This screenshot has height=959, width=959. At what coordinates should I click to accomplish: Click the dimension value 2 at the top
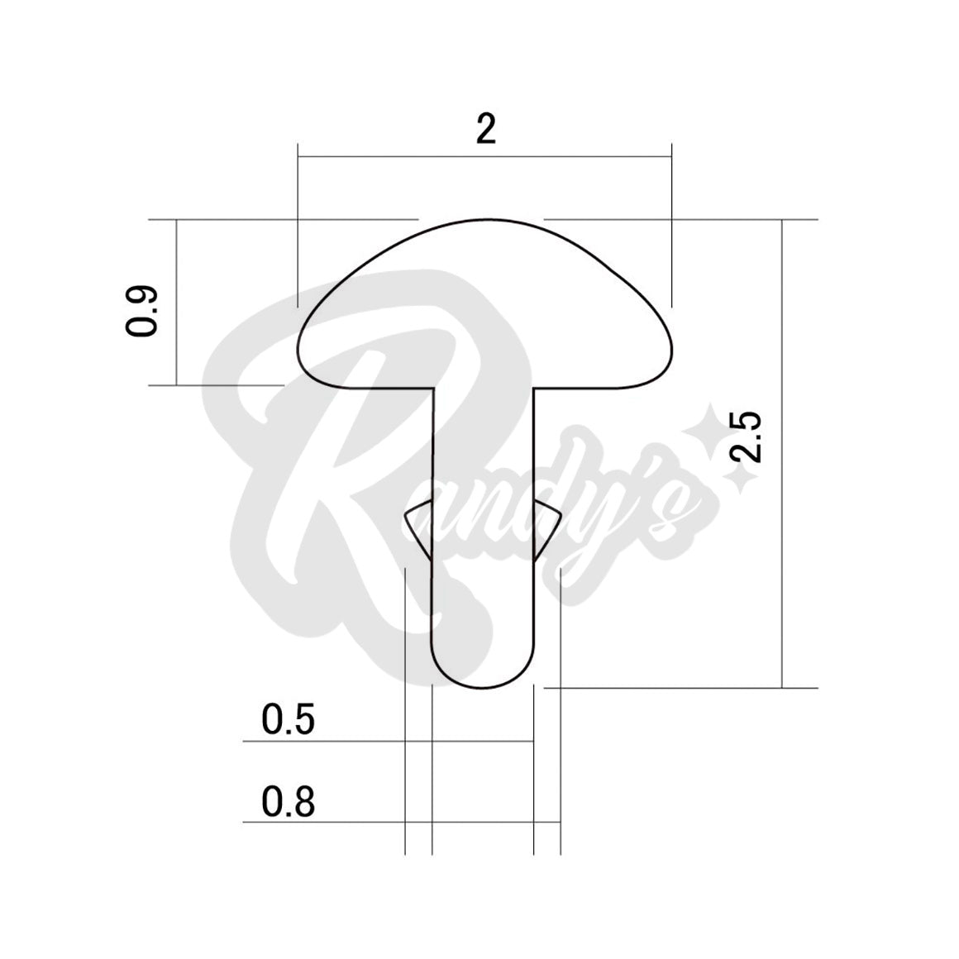pyautogui.click(x=485, y=128)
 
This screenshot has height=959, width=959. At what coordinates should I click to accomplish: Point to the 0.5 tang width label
pyautogui.click(x=288, y=719)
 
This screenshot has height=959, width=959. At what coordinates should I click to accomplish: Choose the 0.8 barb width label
pyautogui.click(x=288, y=802)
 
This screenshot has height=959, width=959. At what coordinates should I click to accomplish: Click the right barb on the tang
pyautogui.click(x=546, y=530)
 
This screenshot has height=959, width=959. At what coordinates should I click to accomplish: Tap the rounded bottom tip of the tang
pyautogui.click(x=483, y=688)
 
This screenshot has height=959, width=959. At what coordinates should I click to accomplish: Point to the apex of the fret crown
pyautogui.click(x=485, y=220)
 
